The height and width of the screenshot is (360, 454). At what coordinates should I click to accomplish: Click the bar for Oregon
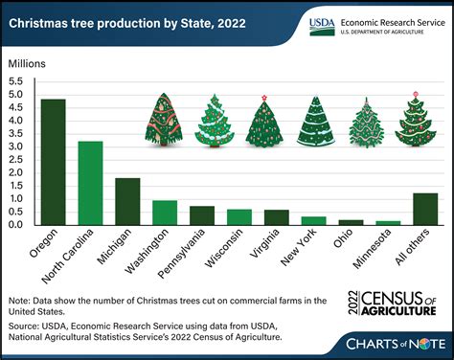coord(53,162)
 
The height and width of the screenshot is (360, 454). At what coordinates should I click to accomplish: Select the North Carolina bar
coord(90,183)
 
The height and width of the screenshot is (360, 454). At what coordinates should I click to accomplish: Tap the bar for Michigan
coord(127,201)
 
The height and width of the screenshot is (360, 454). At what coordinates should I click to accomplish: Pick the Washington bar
coord(165,213)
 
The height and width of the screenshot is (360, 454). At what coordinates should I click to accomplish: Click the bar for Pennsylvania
coord(202,215)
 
